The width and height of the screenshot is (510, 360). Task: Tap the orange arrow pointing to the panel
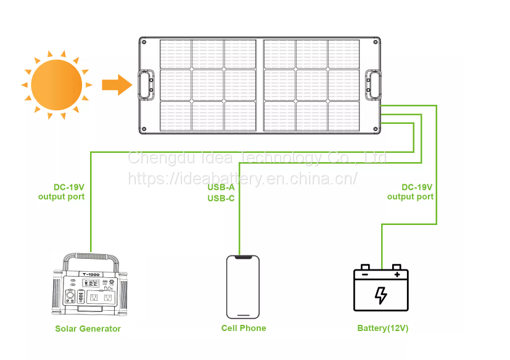[x=117, y=84]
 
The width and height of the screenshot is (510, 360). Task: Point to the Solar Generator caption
[x=88, y=329]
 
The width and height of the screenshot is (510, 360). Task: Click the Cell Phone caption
[x=244, y=328]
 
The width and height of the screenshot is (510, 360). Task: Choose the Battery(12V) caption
[x=382, y=328]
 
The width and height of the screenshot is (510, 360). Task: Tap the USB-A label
[x=221, y=187]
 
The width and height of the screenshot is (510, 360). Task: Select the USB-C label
[x=221, y=198]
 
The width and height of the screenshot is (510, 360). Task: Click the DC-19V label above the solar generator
[x=68, y=187]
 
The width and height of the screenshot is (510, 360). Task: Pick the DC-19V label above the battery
[x=417, y=187]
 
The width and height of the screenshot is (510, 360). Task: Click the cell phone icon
[x=242, y=286]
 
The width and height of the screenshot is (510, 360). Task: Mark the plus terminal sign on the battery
[x=397, y=274]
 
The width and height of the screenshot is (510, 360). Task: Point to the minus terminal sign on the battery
[x=365, y=274]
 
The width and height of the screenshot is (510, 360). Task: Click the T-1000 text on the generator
[x=90, y=274]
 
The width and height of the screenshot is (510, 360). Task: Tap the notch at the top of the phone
[x=242, y=257]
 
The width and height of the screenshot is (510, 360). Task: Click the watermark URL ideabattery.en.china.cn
[x=242, y=179]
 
